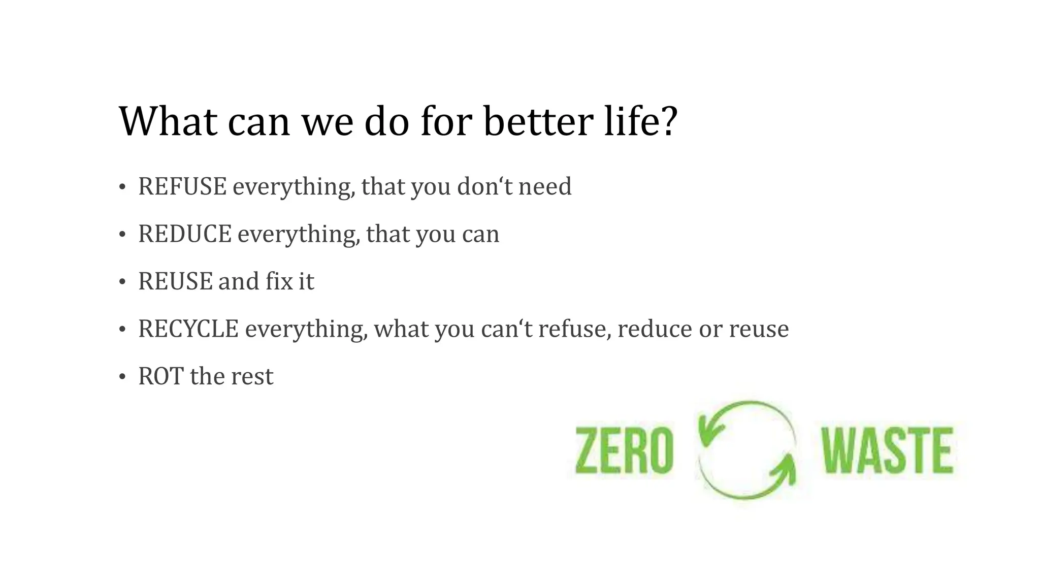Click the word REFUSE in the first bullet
pyautogui.click(x=182, y=186)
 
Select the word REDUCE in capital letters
pyautogui.click(x=184, y=234)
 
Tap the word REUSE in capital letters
pyautogui.click(x=175, y=281)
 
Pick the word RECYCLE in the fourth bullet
pyautogui.click(x=188, y=329)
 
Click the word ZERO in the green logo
pyautogui.click(x=624, y=450)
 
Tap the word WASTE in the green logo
pyautogui.click(x=888, y=450)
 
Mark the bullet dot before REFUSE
pyautogui.click(x=122, y=187)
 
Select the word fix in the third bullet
pyautogui.click(x=279, y=281)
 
